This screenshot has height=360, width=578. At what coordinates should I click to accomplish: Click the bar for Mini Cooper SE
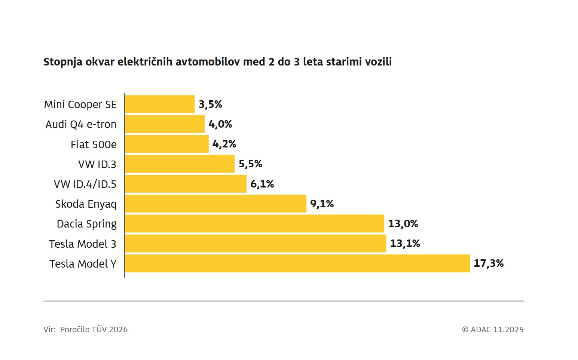(160, 104)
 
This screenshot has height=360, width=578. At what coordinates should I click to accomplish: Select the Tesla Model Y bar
(297, 263)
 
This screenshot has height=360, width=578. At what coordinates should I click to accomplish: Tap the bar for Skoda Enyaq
(215, 204)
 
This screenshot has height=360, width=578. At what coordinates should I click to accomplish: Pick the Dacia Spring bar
(254, 223)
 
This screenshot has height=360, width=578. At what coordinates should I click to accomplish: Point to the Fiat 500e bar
(166, 144)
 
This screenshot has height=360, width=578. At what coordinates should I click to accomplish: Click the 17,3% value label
(489, 263)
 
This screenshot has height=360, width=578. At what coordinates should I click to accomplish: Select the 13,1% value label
(405, 244)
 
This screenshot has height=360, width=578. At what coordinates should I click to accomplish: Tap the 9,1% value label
(322, 204)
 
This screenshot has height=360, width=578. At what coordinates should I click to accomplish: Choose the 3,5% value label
(210, 104)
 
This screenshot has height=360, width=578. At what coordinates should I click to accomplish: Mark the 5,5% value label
(250, 164)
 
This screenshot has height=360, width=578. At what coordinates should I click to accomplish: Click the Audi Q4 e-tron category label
(81, 124)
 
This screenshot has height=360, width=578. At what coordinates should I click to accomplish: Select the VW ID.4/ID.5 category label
(85, 184)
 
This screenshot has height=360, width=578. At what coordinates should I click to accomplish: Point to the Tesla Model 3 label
(83, 244)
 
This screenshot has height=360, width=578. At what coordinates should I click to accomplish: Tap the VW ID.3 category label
(97, 164)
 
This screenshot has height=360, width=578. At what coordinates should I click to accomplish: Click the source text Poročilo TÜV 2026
(94, 330)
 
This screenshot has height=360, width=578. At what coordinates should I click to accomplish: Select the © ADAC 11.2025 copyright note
(493, 330)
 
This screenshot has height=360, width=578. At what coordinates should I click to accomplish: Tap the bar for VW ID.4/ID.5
(186, 184)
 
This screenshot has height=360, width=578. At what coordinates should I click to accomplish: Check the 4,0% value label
(220, 124)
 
